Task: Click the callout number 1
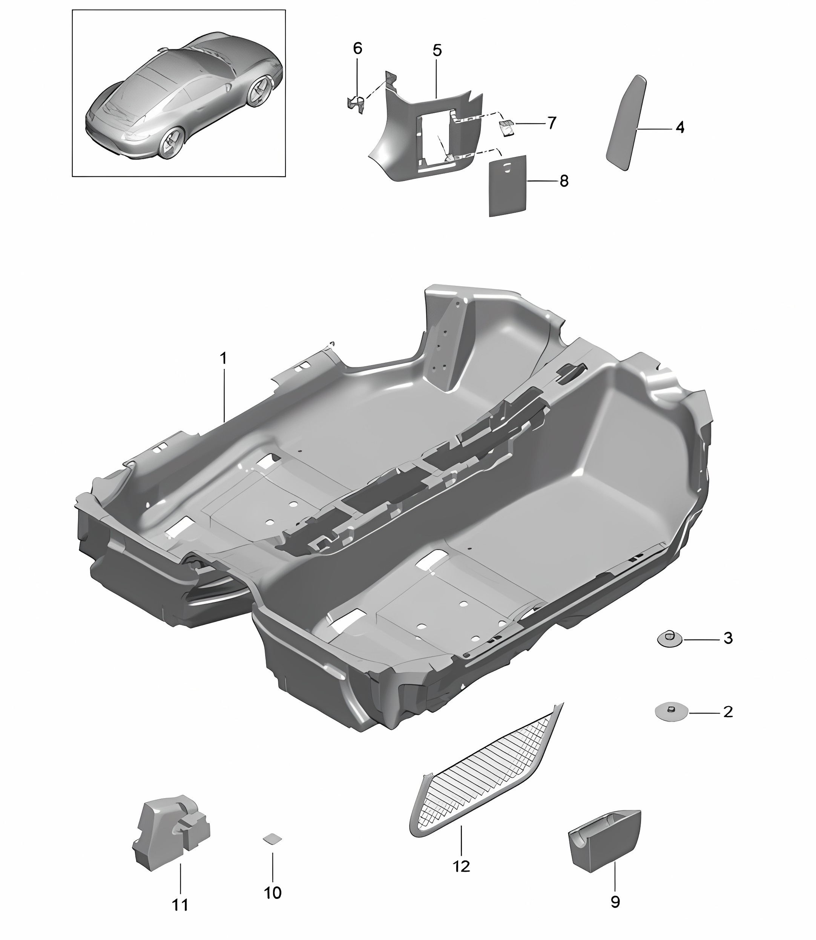pyautogui.click(x=223, y=358)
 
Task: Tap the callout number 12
pyautogui.click(x=461, y=866)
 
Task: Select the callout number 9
pyautogui.click(x=615, y=901)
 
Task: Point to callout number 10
pyautogui.click(x=273, y=892)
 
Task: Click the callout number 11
pyautogui.click(x=180, y=905)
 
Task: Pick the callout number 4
pyautogui.click(x=680, y=127)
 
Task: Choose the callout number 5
pyautogui.click(x=437, y=50)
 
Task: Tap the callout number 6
pyautogui.click(x=357, y=48)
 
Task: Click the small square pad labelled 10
pyautogui.click(x=272, y=839)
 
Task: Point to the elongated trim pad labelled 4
pyautogui.click(x=627, y=123)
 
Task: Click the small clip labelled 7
pyautogui.click(x=507, y=128)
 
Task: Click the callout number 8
pyautogui.click(x=564, y=181)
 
